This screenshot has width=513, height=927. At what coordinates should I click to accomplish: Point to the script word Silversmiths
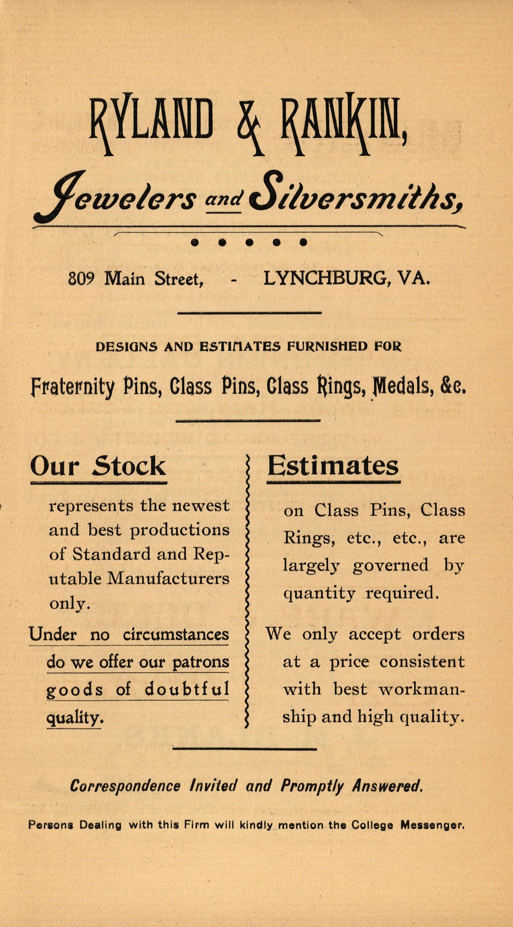[x=355, y=197]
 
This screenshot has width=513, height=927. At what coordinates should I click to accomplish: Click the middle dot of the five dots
[x=249, y=243]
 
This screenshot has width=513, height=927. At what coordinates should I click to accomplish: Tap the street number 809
[x=81, y=278]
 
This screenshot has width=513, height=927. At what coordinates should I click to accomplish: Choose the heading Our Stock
[x=98, y=466]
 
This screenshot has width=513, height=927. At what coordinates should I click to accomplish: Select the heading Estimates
[x=333, y=466]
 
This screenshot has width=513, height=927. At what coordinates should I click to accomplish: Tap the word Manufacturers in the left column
[x=168, y=579]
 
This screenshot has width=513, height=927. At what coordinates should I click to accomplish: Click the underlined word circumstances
[x=176, y=634]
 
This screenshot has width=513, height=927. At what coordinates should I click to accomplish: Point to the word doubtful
[x=187, y=689]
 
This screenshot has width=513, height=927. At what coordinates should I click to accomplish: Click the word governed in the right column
[x=391, y=565]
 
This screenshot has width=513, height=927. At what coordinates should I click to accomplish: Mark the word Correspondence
[x=125, y=786]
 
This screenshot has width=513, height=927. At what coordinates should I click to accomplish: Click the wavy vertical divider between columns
[x=247, y=592]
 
